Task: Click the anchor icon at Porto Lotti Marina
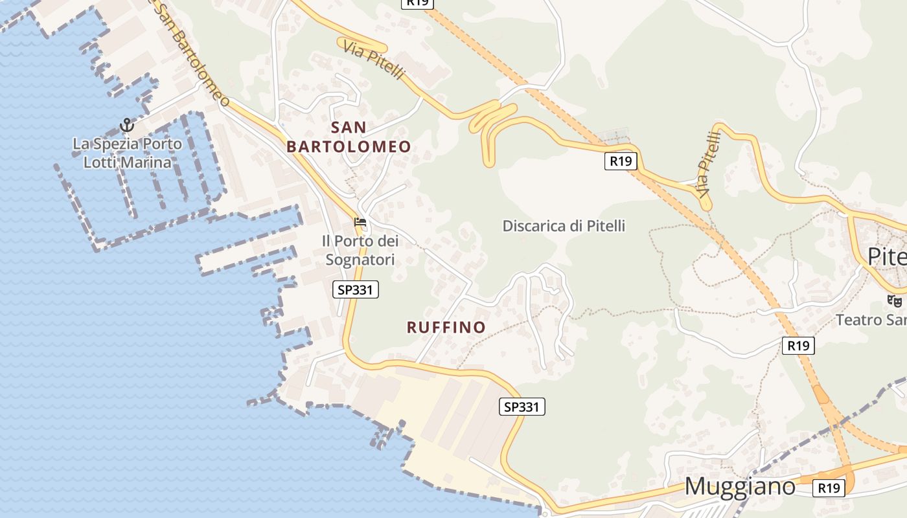click(x=127, y=124)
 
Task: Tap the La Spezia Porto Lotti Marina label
click(x=127, y=153)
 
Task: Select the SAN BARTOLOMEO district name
click(x=349, y=137)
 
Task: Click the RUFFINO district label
click(x=446, y=327)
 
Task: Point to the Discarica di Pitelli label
click(x=564, y=226)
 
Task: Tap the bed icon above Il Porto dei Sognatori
click(x=360, y=223)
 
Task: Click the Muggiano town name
click(x=740, y=486)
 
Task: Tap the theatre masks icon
click(x=895, y=300)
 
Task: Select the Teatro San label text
click(x=871, y=320)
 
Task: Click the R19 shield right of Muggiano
click(x=829, y=488)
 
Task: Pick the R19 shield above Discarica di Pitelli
click(x=620, y=161)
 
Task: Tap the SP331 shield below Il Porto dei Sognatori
click(x=356, y=289)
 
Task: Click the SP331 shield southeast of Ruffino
click(x=522, y=407)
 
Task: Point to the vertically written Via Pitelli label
click(x=709, y=164)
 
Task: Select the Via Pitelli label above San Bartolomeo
click(x=374, y=60)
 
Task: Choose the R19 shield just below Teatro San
click(x=798, y=346)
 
